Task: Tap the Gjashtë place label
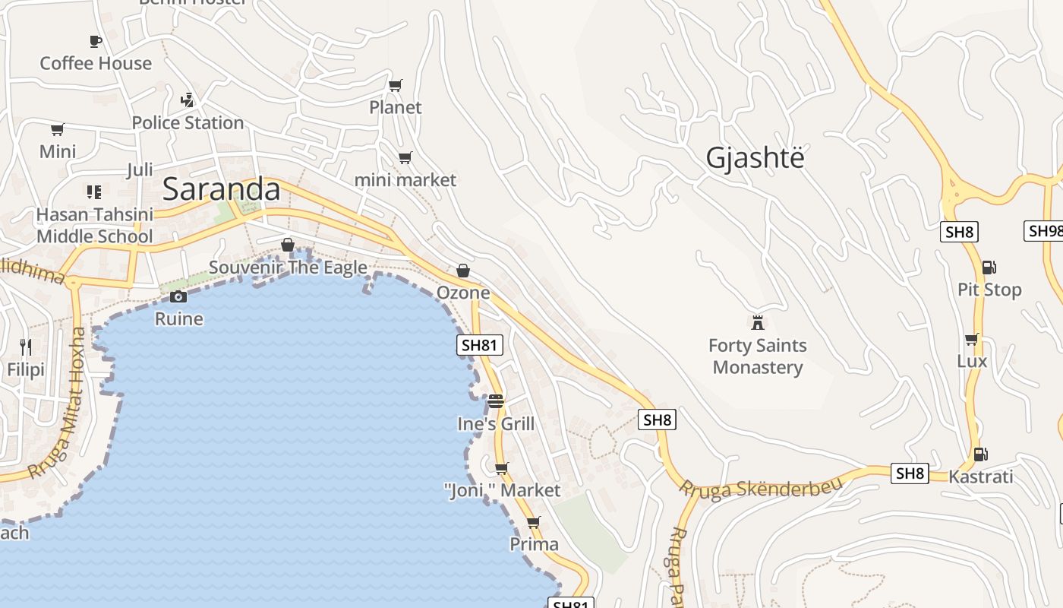coord(755,158)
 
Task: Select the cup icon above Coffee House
coord(96,41)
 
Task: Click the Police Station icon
coord(188,100)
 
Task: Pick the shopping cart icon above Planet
coord(395,85)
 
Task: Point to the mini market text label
coord(405,180)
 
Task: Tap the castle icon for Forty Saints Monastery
coord(757,322)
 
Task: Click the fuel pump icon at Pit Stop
coord(989,267)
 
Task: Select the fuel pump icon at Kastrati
coord(980,454)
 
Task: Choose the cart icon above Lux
coord(971,339)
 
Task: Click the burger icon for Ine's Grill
coord(496,401)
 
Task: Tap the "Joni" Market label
coord(502,490)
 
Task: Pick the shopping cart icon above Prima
coord(534,522)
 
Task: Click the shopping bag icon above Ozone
coord(462,271)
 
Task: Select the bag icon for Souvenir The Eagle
coord(288,245)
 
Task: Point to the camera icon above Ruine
coord(178,296)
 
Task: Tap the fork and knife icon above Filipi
coord(26,347)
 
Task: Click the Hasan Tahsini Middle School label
coord(95,226)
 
